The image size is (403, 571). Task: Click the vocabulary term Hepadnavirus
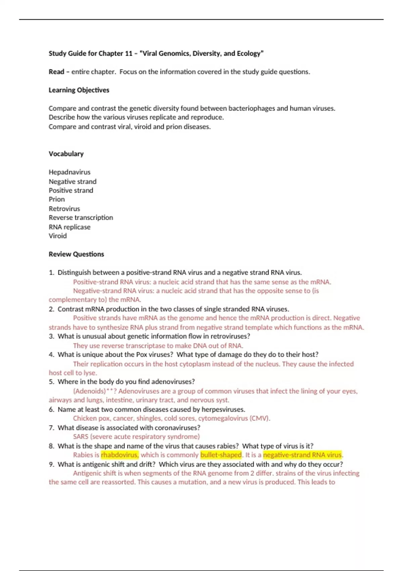[70, 172]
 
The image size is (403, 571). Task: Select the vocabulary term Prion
[57, 199]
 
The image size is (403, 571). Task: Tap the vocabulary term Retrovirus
[64, 209]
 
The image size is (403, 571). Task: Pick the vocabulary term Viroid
[57, 236]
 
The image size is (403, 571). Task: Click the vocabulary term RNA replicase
[70, 227]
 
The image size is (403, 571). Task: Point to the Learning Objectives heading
[79, 90]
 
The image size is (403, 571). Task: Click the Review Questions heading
[76, 254]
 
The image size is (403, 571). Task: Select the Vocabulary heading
[66, 154]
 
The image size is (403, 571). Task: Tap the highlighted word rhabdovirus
[120, 455]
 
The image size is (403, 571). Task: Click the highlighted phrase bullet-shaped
[221, 455]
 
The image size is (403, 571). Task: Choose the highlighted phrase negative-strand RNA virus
[302, 455]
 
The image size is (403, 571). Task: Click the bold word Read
[56, 72]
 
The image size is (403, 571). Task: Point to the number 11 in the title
[129, 53]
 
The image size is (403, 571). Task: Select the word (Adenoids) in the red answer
[89, 391]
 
